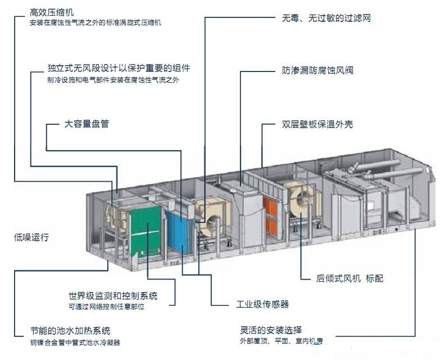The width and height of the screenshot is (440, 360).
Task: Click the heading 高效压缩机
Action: (x=52, y=12)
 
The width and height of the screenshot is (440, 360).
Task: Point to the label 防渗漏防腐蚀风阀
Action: (x=317, y=71)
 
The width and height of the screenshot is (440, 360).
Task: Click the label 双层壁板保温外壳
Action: (x=317, y=124)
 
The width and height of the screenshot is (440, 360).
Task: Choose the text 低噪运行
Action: (x=33, y=237)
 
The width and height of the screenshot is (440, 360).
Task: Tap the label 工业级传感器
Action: (x=262, y=304)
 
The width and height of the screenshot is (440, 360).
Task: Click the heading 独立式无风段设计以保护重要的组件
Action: (x=119, y=68)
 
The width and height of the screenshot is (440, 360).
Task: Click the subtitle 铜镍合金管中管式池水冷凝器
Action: (x=75, y=341)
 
